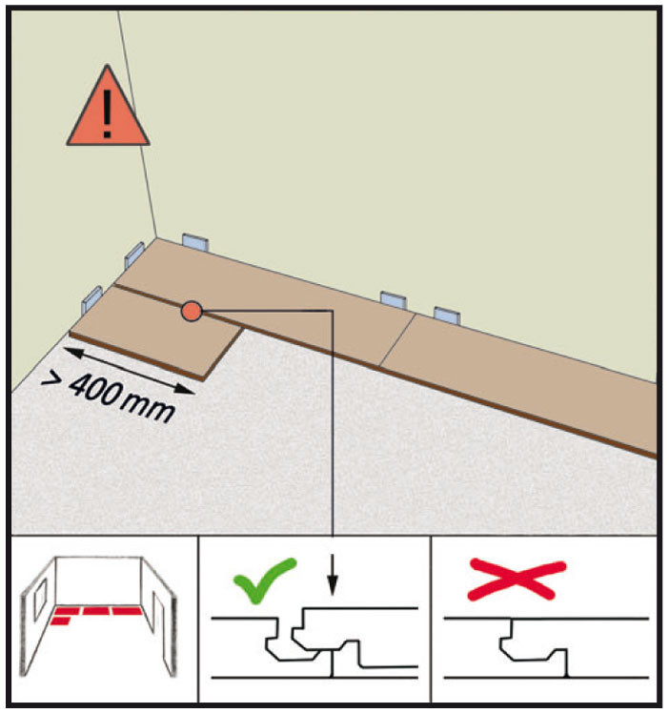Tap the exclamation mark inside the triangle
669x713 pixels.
click(108, 113)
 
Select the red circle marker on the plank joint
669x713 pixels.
click(192, 312)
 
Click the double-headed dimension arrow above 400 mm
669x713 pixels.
click(129, 371)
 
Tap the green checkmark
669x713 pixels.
click(265, 581)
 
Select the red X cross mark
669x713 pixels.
click(517, 580)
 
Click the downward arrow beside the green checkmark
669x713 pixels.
click(333, 575)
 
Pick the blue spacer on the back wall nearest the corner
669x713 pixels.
click(195, 242)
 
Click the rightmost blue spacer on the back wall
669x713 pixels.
click(447, 316)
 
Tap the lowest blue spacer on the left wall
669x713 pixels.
click(91, 300)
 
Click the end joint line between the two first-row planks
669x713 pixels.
click(397, 339)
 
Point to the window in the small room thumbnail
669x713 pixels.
click(40, 600)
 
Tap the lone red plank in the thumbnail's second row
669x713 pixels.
click(60, 621)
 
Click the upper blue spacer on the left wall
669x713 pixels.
click(134, 255)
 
